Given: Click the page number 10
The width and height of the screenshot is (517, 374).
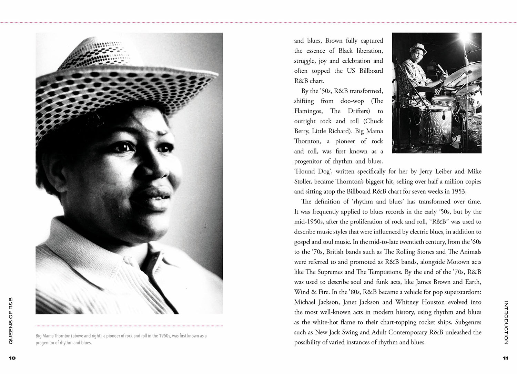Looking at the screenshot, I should pyautogui.click(x=12, y=358).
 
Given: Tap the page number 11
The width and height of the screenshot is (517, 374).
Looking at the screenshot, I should pyautogui.click(x=505, y=358).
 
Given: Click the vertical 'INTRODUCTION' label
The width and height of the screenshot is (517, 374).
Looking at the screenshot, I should pyautogui.click(x=506, y=323).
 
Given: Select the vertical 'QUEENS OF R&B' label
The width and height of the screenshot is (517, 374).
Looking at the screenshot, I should pyautogui.click(x=11, y=321).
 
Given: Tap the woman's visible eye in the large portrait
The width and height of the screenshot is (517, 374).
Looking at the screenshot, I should pyautogui.click(x=122, y=147).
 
